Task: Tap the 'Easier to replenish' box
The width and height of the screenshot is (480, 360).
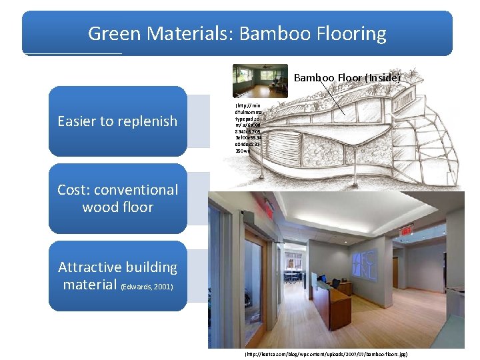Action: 117,121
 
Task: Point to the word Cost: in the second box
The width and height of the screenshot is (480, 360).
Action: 75,190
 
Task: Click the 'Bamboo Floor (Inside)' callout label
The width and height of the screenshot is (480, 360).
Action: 347,78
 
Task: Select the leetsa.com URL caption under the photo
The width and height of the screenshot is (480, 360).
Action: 326,355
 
